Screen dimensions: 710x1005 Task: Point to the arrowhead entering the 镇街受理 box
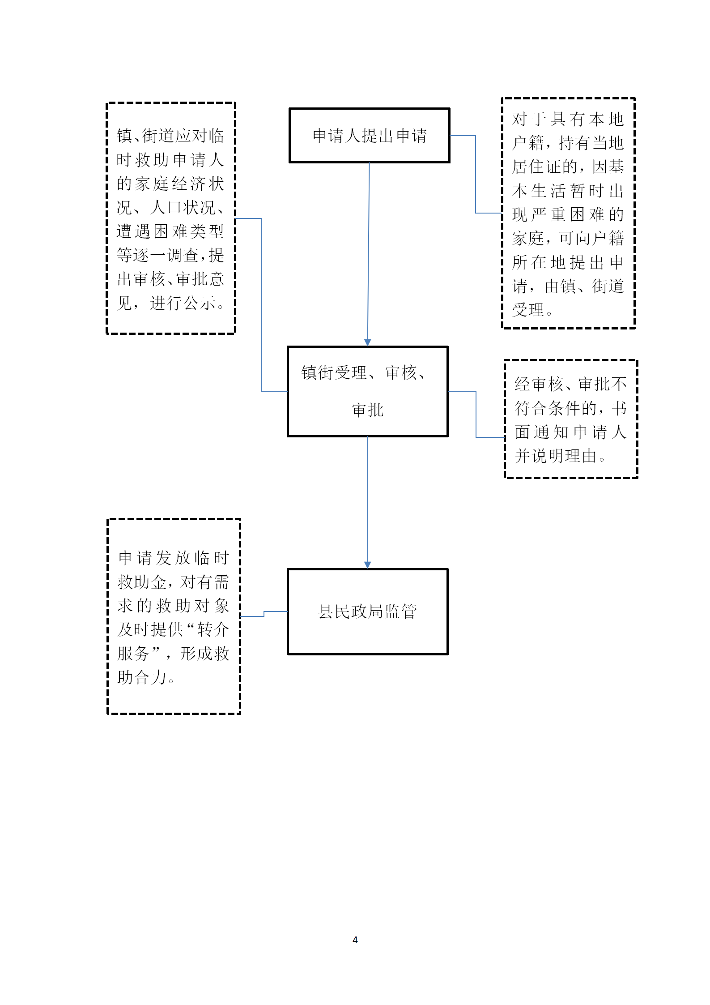click(x=368, y=342)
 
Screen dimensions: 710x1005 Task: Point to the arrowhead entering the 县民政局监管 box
click(x=368, y=565)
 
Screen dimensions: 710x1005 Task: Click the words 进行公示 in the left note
click(x=183, y=304)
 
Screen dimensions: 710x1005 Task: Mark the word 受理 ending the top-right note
click(x=528, y=310)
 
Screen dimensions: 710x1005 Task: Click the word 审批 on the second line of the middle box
click(x=368, y=410)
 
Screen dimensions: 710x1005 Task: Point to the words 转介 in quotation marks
click(x=213, y=629)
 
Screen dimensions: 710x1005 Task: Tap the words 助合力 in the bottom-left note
click(x=142, y=677)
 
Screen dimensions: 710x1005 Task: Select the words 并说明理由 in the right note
click(x=556, y=456)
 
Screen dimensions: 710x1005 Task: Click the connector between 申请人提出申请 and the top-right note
click(x=476, y=175)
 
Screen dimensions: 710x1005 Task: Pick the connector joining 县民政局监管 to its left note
click(x=264, y=614)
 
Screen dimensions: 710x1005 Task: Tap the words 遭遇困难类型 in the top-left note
click(x=170, y=231)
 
